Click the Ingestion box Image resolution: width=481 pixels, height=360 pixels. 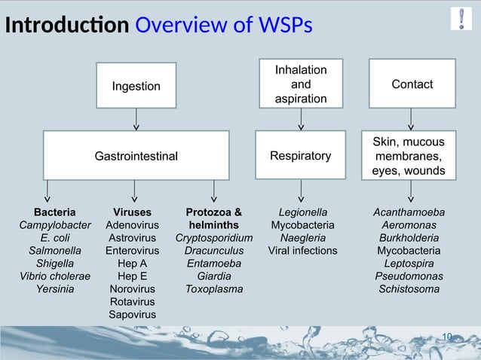click(136, 86)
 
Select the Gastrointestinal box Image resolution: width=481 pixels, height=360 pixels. click(136, 156)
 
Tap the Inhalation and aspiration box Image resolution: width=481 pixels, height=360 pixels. click(301, 84)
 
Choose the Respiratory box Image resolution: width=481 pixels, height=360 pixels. click(301, 156)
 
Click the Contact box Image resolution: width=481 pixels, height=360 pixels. click(412, 84)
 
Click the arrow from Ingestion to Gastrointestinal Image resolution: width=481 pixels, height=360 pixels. click(136, 119)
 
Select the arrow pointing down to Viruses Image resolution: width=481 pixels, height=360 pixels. click(135, 191)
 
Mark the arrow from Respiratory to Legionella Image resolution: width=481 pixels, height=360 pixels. click(301, 191)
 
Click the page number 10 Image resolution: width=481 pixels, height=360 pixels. click(447, 336)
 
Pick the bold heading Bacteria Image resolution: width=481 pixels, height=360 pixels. click(54, 212)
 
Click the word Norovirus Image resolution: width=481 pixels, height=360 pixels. click(132, 288)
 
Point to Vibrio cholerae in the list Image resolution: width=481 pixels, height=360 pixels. click(54, 276)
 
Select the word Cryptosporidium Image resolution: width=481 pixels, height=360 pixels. click(214, 238)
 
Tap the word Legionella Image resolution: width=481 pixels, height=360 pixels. click(302, 212)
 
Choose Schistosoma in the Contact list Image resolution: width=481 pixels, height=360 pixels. click(409, 288)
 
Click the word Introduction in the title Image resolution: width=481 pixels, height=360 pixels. click(66, 26)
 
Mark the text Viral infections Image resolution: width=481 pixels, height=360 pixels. click(302, 250)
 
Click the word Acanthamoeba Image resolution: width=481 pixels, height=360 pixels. click(409, 212)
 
